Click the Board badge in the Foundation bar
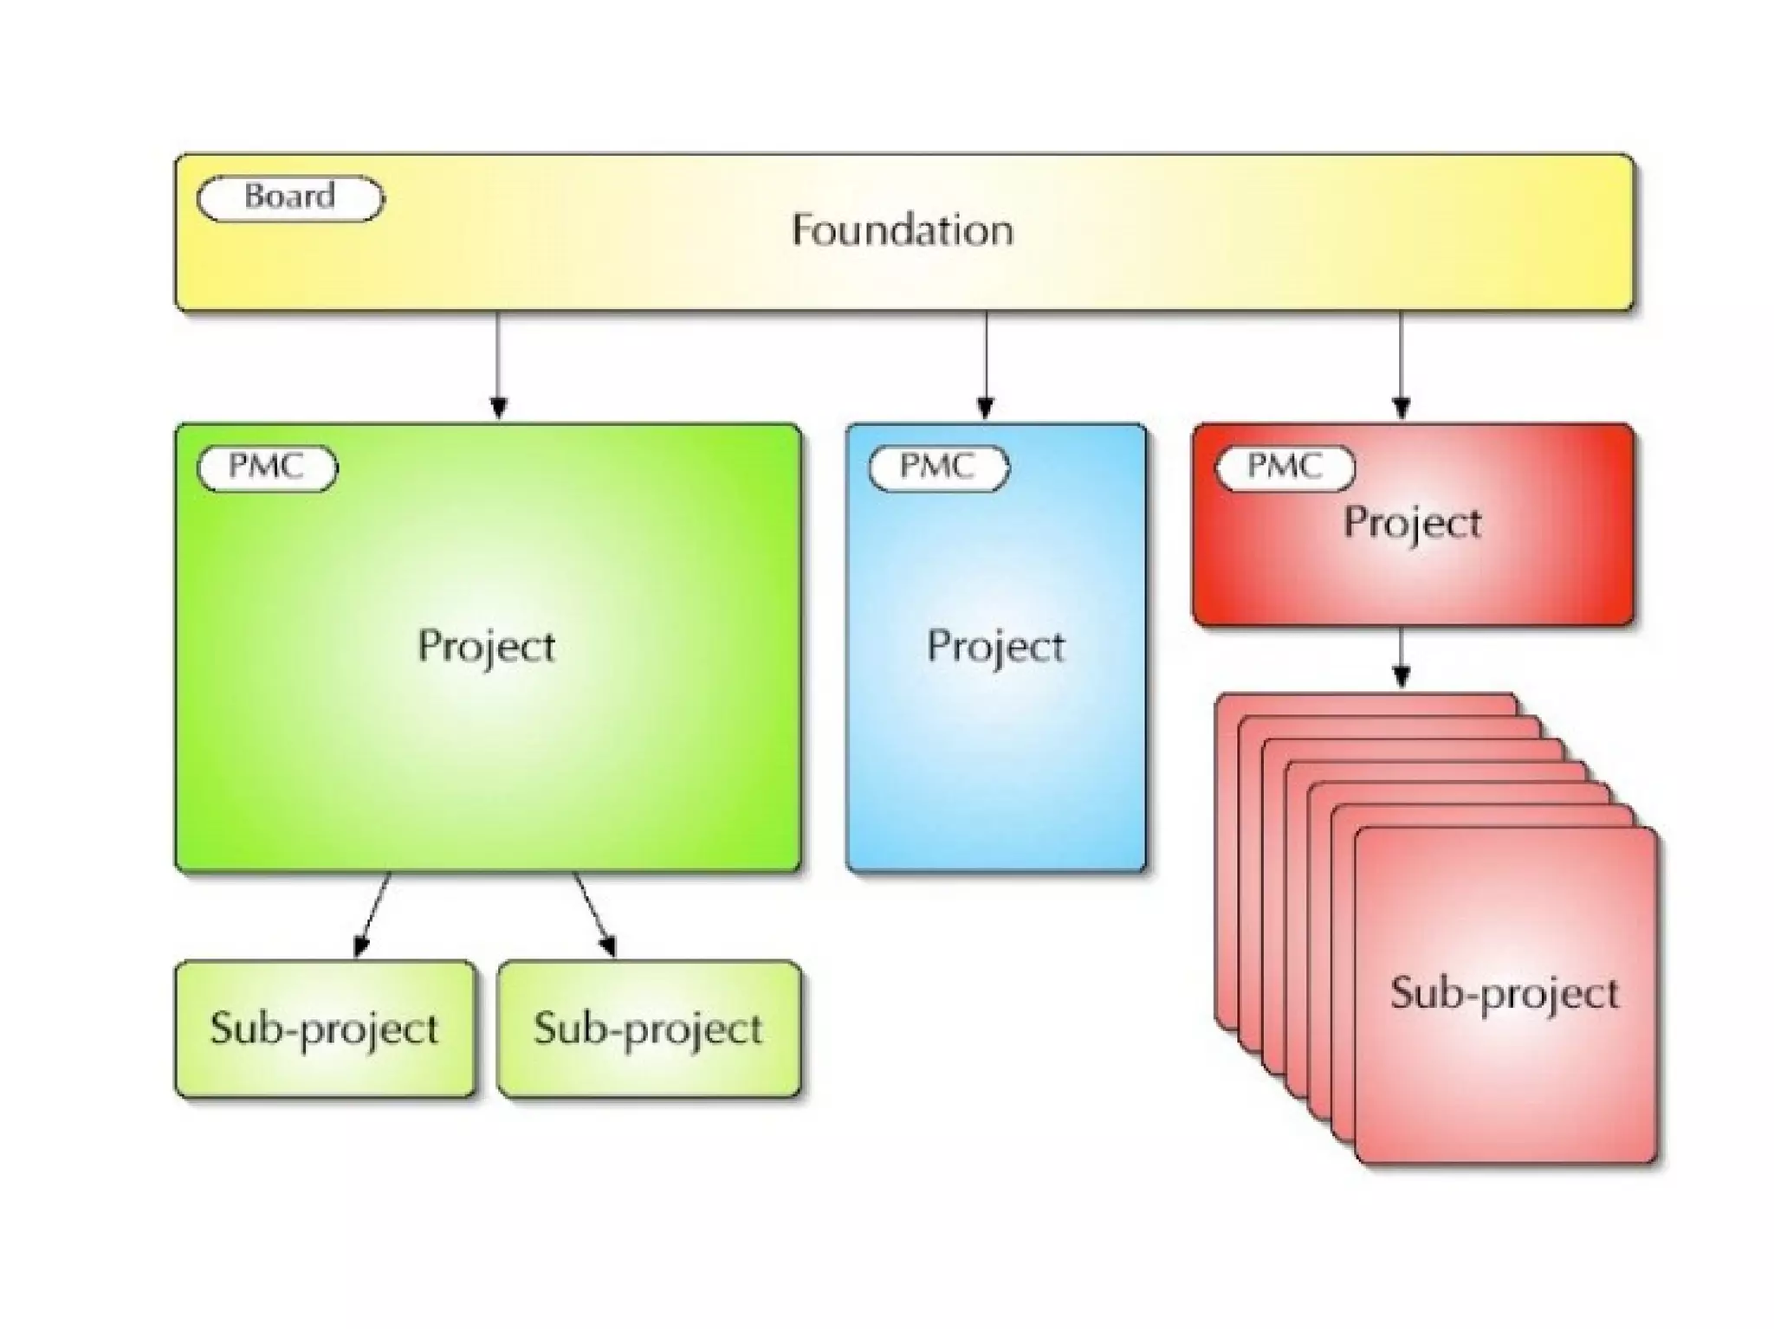(289, 198)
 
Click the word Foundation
(902, 230)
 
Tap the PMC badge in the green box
(267, 468)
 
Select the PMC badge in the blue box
(938, 468)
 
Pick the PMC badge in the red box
(1285, 468)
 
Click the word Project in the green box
(486, 647)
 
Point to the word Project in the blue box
(995, 647)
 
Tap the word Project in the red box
(1412, 523)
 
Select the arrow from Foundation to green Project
(498, 364)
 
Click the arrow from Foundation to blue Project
(986, 364)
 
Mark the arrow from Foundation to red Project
(1402, 364)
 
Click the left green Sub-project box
(325, 1029)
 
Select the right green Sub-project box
(649, 1029)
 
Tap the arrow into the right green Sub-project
(593, 913)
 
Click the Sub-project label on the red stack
(1505, 993)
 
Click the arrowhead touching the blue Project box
(986, 408)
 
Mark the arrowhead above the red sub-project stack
(1402, 676)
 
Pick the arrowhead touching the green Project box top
(498, 408)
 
